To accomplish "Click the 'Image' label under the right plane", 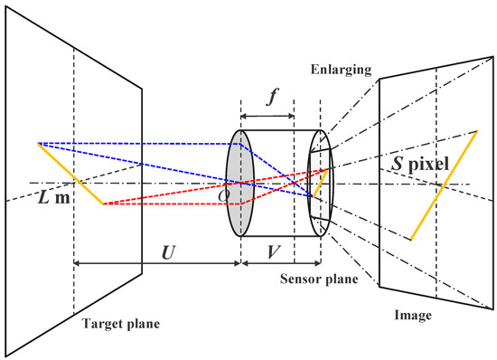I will point(417,316).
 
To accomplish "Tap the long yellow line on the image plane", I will point(442,186).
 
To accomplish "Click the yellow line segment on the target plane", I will point(70,173).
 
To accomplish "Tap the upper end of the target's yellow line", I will point(38,143).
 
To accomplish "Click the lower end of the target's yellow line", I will point(104,204).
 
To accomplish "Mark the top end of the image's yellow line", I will point(474,133).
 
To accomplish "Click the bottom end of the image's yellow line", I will point(410,240).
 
